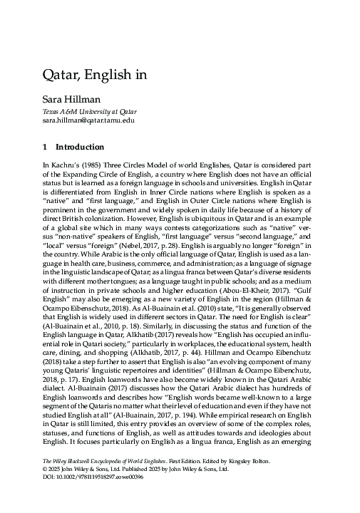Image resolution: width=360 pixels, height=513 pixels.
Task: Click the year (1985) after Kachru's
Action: click(x=83, y=165)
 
